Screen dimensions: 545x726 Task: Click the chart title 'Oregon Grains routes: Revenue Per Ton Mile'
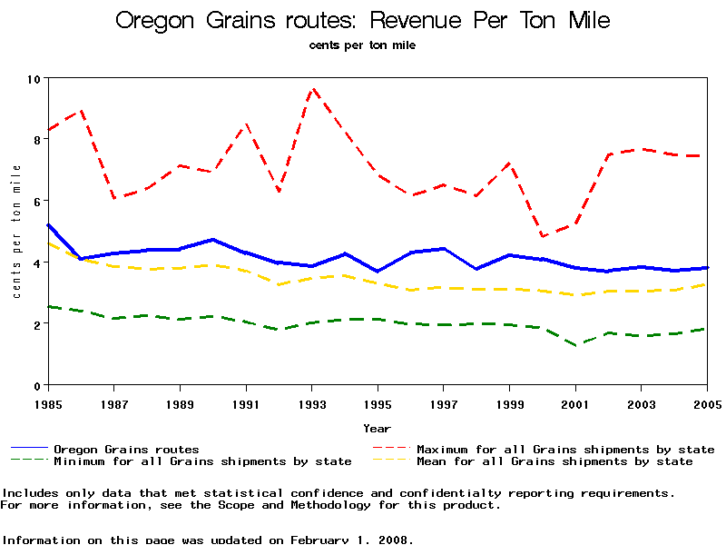[362, 21]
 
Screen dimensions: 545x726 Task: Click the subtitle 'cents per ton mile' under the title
[362, 45]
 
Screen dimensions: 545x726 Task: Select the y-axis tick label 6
[37, 201]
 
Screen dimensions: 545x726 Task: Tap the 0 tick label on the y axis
[37, 385]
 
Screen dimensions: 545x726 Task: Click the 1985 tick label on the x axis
[47, 402]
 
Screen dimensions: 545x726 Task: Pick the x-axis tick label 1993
[311, 402]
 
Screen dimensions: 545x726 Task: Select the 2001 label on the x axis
[575, 402]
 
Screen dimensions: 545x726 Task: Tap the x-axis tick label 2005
[707, 402]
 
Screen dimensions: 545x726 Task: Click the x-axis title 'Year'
[377, 428]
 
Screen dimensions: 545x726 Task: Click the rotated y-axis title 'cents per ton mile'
[16, 232]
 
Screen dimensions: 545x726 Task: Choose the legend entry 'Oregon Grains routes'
[126, 449]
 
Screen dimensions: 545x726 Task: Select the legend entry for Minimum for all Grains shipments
[202, 461]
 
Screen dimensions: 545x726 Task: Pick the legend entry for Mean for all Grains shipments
[554, 461]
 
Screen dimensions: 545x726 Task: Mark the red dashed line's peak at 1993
[312, 89]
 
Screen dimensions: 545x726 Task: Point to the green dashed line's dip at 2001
[576, 345]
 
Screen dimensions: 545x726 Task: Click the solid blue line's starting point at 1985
[48, 224]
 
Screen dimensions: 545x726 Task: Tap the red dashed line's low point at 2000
[543, 236]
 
